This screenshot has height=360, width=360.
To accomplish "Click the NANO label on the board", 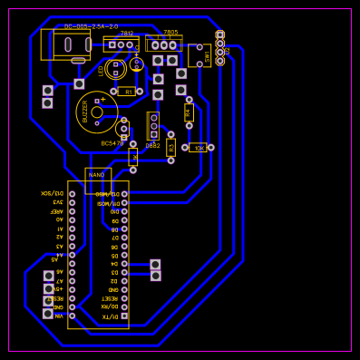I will (96, 174).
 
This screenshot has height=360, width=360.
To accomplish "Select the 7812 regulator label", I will (126, 33).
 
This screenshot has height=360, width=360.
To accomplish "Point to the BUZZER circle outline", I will (96, 112).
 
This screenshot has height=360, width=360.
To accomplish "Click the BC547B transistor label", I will (112, 143).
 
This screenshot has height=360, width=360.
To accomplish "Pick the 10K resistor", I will (199, 147).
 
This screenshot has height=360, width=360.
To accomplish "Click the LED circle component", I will (116, 69).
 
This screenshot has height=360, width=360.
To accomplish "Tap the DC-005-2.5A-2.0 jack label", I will (91, 26).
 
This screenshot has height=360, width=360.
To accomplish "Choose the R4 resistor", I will (189, 112).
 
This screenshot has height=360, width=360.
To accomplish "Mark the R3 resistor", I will (170, 147).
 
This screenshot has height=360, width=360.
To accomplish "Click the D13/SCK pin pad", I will (72, 193).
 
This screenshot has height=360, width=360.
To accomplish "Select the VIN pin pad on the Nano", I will (72, 316).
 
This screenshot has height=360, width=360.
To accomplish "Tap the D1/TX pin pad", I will (124, 316).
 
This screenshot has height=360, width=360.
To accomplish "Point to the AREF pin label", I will (56, 210).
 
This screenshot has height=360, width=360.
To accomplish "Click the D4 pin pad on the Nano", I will (124, 263).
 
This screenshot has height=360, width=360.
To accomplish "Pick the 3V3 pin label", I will (57, 202).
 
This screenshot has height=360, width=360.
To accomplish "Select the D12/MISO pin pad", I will (124, 193).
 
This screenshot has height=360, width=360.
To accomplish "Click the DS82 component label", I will (152, 145).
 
